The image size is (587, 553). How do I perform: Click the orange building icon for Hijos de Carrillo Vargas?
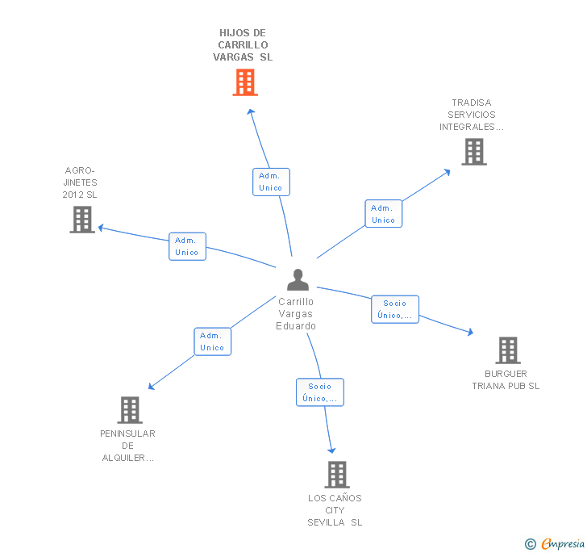245,82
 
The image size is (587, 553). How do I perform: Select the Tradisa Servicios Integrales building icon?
474,151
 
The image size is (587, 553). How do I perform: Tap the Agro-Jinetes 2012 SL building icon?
82,220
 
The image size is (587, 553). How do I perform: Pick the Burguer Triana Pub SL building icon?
508,350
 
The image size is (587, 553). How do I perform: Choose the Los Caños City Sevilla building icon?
337,475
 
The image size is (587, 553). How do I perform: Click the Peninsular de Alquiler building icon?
130,410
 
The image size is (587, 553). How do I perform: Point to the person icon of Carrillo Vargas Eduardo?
298,280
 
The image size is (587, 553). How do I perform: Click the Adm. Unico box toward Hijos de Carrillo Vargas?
270,182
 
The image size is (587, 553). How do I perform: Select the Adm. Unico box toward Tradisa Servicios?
383,214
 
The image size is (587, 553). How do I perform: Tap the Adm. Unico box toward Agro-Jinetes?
187,246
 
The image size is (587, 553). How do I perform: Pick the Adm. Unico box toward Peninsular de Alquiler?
212,341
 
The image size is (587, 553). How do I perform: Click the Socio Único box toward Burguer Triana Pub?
395,309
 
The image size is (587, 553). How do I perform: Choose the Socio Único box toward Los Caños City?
319,392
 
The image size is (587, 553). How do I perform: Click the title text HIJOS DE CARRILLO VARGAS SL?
243,45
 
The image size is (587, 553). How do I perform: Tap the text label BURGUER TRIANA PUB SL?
506,379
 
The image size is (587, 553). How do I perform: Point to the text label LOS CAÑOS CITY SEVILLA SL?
335,510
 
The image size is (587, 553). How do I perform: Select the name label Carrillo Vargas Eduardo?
296,314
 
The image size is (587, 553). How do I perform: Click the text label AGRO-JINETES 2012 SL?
80,182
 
